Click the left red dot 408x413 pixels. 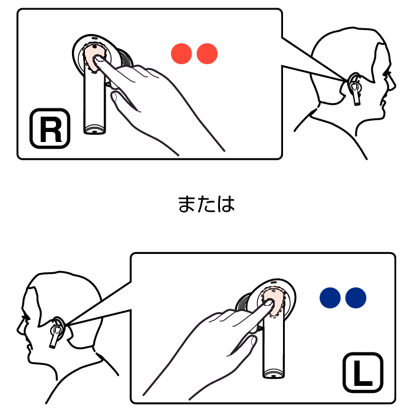coord(182,54)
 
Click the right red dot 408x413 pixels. coord(207,54)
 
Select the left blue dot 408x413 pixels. coord(330,298)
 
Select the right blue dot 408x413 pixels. coord(356,298)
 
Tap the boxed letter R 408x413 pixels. coord(50,128)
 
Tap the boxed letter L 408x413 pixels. coord(363,372)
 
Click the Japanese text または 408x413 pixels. coord(206,204)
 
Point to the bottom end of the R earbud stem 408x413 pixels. coord(94,131)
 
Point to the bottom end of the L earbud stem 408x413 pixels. coord(274,375)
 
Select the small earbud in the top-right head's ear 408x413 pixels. coord(356,90)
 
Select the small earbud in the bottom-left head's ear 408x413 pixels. coord(57,332)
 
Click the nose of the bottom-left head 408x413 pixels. coord(19,329)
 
